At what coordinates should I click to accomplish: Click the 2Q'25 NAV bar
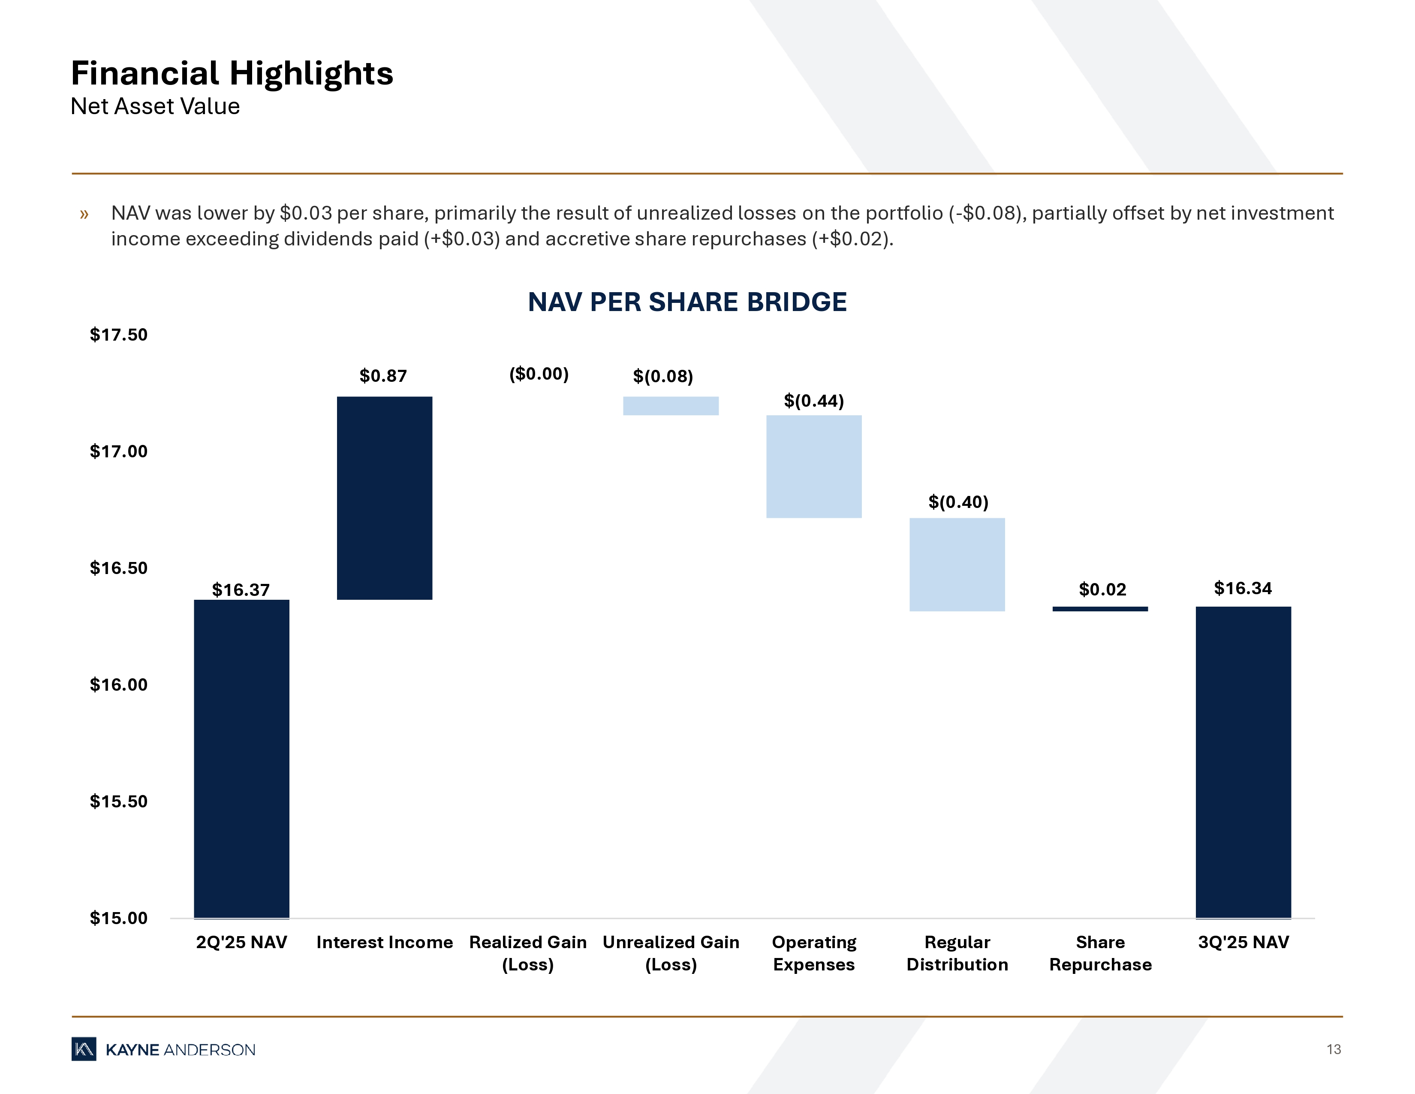click(242, 758)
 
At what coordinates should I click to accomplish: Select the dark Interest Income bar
click(384, 498)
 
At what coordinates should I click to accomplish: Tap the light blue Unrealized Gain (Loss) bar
click(671, 406)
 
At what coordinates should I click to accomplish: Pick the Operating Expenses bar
click(814, 467)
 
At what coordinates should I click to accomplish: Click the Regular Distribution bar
click(957, 565)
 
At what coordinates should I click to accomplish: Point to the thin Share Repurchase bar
click(1100, 609)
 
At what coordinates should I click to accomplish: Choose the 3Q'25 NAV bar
click(1243, 762)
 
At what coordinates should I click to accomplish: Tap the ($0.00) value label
click(539, 374)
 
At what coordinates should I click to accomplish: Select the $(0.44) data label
click(814, 401)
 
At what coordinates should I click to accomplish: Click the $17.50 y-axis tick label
click(119, 335)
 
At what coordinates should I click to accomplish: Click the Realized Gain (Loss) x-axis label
click(528, 953)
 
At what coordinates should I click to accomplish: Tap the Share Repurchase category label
click(1100, 953)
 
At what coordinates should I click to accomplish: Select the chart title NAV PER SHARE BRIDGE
click(687, 302)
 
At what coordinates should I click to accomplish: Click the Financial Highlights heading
click(232, 73)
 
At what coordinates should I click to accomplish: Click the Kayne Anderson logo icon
click(84, 1049)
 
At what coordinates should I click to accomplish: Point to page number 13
click(1334, 1049)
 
